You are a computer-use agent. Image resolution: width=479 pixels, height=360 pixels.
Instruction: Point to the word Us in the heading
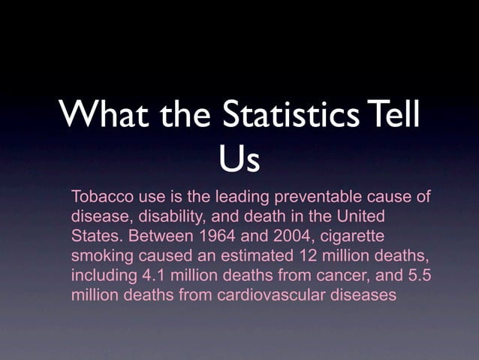point(239,159)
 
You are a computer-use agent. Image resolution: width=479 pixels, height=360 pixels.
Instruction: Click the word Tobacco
point(100,198)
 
